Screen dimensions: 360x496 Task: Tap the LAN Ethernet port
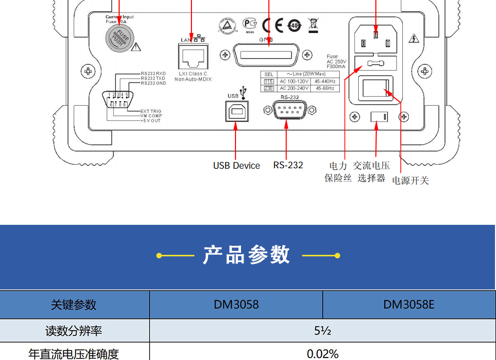(193, 57)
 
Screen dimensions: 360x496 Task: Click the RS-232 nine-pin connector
(286, 109)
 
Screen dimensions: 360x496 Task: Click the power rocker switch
(375, 89)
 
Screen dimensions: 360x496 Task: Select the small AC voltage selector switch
(379, 117)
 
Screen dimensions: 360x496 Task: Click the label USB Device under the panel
(236, 166)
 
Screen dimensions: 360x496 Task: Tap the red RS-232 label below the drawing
(288, 165)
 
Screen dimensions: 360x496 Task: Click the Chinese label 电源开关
(410, 181)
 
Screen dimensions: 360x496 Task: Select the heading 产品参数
(246, 255)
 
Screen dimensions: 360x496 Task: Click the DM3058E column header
(409, 304)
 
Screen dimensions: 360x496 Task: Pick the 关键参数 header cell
(74, 304)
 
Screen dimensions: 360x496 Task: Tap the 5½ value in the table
(323, 331)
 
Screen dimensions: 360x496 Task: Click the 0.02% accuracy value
(323, 354)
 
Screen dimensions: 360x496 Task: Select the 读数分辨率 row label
(74, 331)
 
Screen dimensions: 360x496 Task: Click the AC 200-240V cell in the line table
(295, 89)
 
